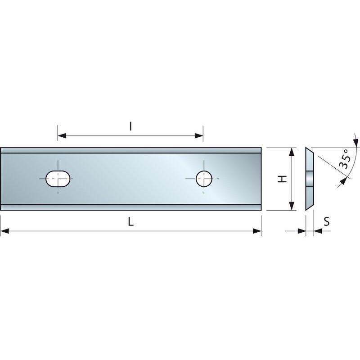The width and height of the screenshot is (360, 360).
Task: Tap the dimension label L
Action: (x=130, y=222)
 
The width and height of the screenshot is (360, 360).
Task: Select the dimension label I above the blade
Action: (x=130, y=126)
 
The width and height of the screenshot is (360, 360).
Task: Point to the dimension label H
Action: (x=283, y=179)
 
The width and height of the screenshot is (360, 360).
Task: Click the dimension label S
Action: (x=327, y=221)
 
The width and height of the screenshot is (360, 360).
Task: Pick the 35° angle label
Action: (x=345, y=159)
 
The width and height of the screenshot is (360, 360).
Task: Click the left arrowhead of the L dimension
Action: (x=4, y=231)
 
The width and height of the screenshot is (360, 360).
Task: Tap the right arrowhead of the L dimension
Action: (x=257, y=231)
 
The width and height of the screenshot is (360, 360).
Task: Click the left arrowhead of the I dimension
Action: (x=62, y=136)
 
